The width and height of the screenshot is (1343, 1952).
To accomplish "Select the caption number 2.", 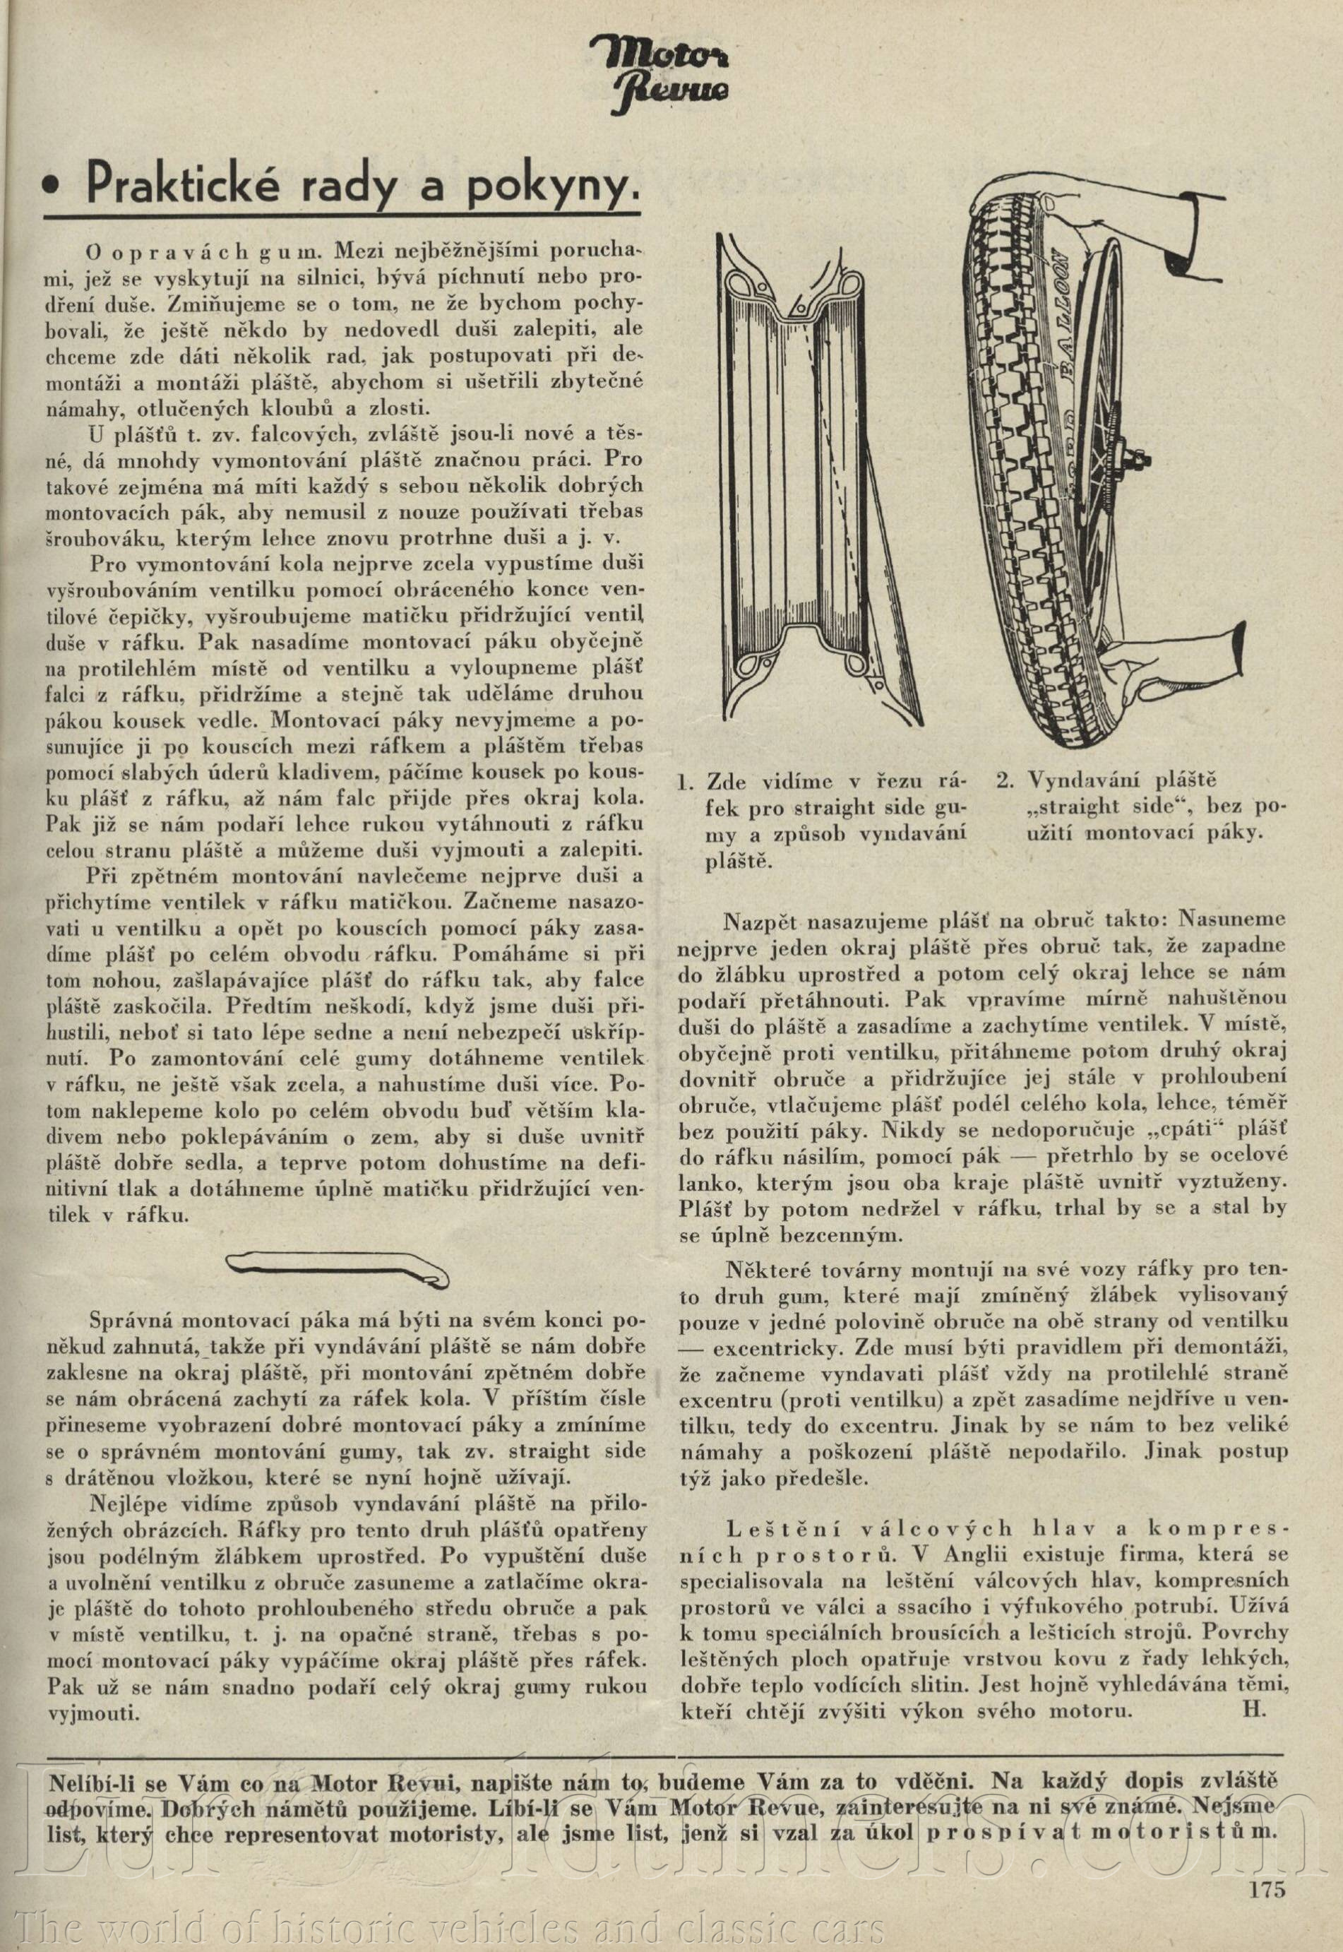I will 1003,782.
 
